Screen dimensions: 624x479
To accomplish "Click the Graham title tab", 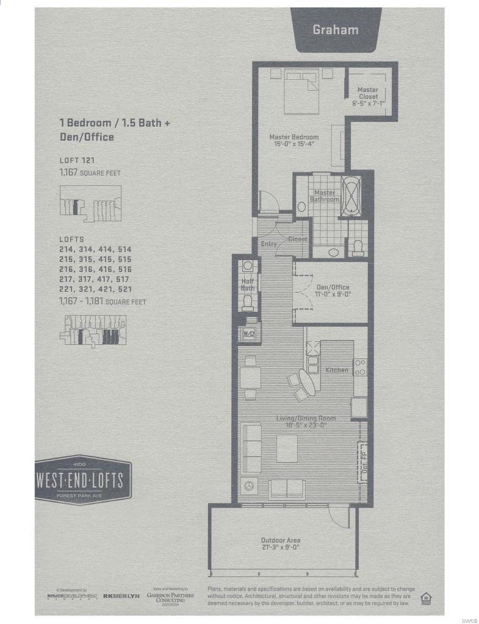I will pyautogui.click(x=335, y=29).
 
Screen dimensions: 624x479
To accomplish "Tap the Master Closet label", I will pyautogui.click(x=368, y=93).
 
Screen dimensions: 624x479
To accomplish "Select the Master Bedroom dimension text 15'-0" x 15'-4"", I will pyautogui.click(x=294, y=144).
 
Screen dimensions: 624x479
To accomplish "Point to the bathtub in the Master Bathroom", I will pyautogui.click(x=351, y=195).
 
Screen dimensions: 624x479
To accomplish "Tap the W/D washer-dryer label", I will pyautogui.click(x=249, y=333).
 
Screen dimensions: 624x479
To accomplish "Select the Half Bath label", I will pyautogui.click(x=247, y=284).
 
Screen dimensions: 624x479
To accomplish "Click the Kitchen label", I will pyautogui.click(x=337, y=370).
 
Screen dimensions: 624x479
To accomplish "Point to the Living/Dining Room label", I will pyautogui.click(x=306, y=418).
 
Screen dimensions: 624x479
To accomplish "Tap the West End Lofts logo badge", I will pyautogui.click(x=83, y=480).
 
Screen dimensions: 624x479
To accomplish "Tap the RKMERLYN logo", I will pyautogui.click(x=121, y=595).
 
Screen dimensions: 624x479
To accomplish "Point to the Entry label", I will pyautogui.click(x=269, y=244).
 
